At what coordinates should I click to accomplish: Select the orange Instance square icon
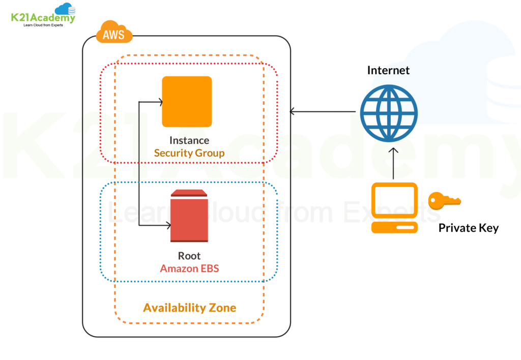coord(187,101)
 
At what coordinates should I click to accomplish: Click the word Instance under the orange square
coord(189,140)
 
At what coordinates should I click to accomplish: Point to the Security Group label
coord(189,153)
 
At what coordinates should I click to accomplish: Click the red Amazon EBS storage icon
coord(189,216)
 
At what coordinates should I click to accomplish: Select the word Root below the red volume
coord(189,256)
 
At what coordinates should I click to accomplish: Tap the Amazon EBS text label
coord(189,268)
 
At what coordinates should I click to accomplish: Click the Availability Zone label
coord(189,308)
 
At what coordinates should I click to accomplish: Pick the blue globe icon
coord(389,113)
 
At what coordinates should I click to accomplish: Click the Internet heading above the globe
coord(388,70)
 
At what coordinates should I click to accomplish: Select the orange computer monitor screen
coord(394,200)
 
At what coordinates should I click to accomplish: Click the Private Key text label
coord(469,228)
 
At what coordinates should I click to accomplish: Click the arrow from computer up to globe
coord(394,163)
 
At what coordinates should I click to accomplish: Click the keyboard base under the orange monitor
coord(394,227)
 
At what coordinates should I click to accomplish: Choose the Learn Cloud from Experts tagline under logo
coord(43,25)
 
